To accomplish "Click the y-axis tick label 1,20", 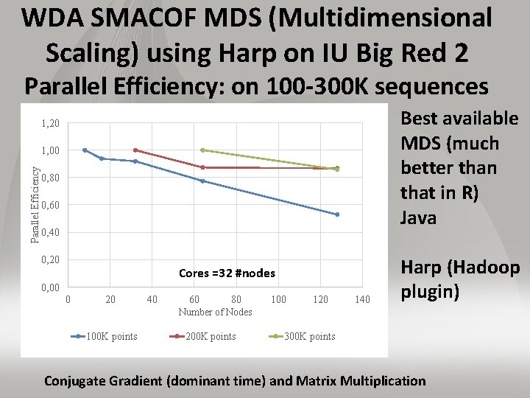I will click(50, 123).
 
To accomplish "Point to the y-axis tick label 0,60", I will click(50, 205).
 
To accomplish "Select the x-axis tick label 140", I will click(362, 299).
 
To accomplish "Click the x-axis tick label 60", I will click(194, 299).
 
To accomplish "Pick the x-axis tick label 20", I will click(110, 299).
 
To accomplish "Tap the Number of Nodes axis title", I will click(215, 312).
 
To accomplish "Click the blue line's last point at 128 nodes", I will click(337, 214).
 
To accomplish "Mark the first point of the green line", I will click(202, 150).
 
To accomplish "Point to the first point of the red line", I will click(135, 150).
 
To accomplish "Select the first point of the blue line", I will click(85, 150).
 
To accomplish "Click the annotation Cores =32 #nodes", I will click(227, 273).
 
